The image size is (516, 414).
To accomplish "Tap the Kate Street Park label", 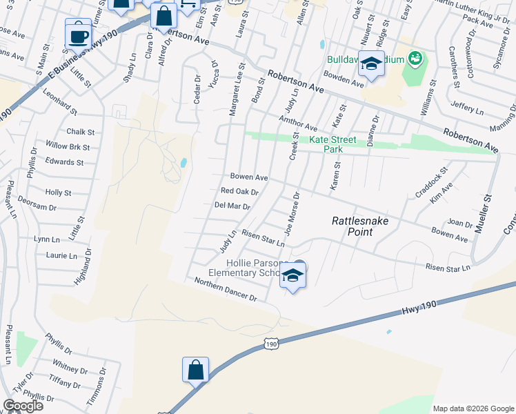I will (x=334, y=144).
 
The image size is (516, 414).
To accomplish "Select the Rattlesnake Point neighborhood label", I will (x=353, y=226).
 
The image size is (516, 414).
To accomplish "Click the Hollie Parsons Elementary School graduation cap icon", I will (x=292, y=276).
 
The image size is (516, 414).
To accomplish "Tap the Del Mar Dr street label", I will (x=232, y=206).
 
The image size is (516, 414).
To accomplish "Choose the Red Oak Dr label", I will (x=239, y=191).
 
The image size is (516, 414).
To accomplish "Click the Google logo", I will (x=23, y=406).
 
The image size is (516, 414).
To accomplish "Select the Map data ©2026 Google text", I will (x=473, y=408).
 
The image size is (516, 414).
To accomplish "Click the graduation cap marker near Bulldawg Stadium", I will (x=372, y=65).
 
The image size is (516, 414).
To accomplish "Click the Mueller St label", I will (x=488, y=208).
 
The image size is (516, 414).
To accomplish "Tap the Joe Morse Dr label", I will (x=291, y=211).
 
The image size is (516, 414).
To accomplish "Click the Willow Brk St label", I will (x=68, y=146).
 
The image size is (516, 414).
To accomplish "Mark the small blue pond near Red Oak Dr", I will (x=183, y=163).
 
